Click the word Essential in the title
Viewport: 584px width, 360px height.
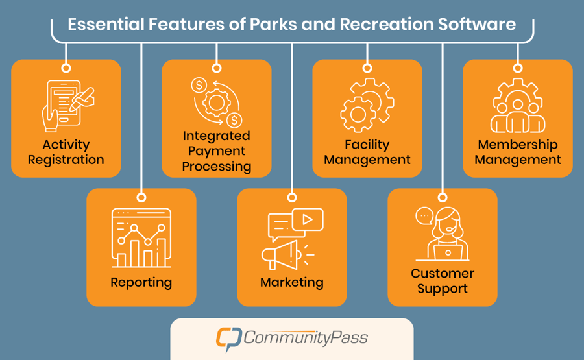tap(104, 25)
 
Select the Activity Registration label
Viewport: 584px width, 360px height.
tap(66, 152)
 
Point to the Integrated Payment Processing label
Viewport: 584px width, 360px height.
tap(216, 151)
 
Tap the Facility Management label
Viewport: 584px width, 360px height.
tap(367, 152)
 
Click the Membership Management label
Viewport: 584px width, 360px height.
tap(518, 152)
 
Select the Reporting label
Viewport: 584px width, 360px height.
tap(141, 282)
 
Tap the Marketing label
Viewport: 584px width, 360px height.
tap(292, 282)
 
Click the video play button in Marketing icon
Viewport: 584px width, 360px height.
tap(308, 220)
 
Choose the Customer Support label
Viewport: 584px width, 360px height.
tap(443, 281)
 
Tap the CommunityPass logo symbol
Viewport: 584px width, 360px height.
tap(228, 338)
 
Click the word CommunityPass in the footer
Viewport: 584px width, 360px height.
tap(306, 338)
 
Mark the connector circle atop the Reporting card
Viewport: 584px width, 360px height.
tap(141, 197)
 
